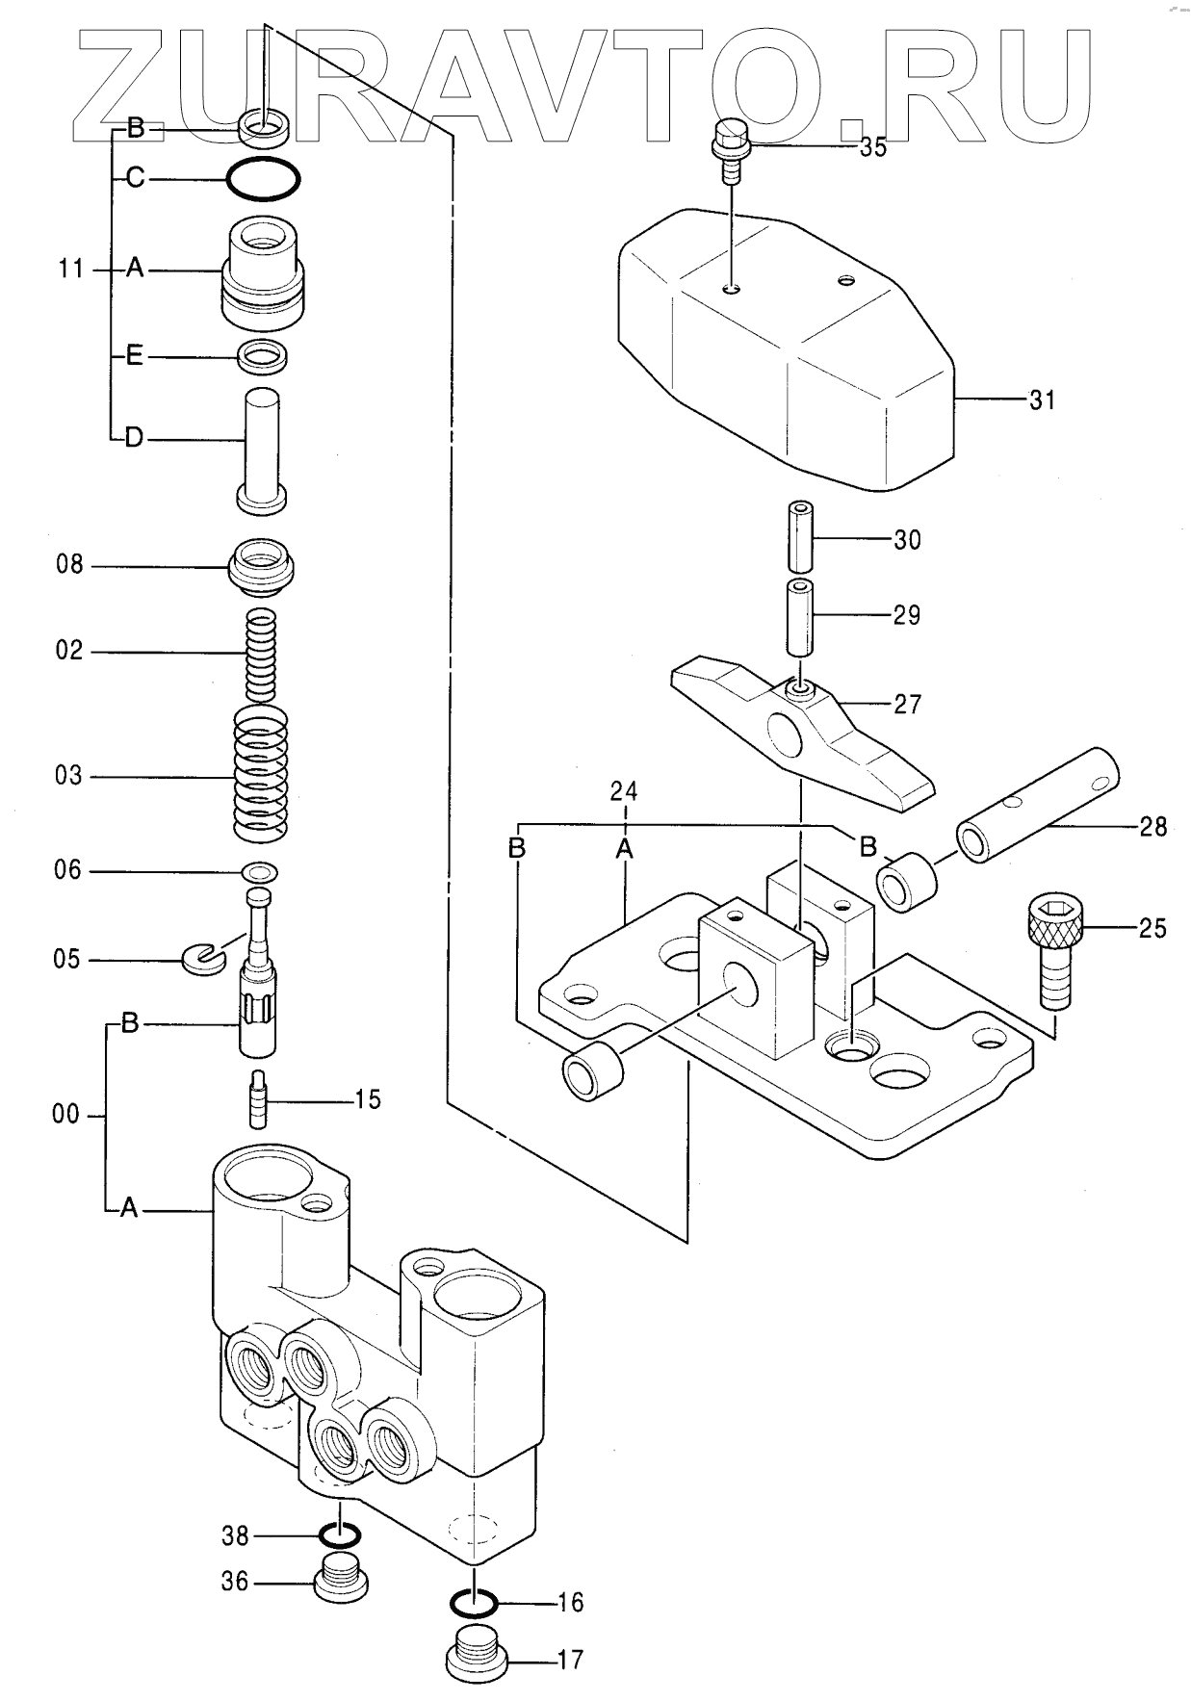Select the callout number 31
point(1042,399)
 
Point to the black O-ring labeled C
point(264,179)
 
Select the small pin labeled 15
point(258,1097)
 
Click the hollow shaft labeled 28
point(1038,802)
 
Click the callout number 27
point(907,705)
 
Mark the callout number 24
point(624,791)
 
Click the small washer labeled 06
point(260,872)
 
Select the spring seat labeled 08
point(261,566)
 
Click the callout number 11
point(71,269)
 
